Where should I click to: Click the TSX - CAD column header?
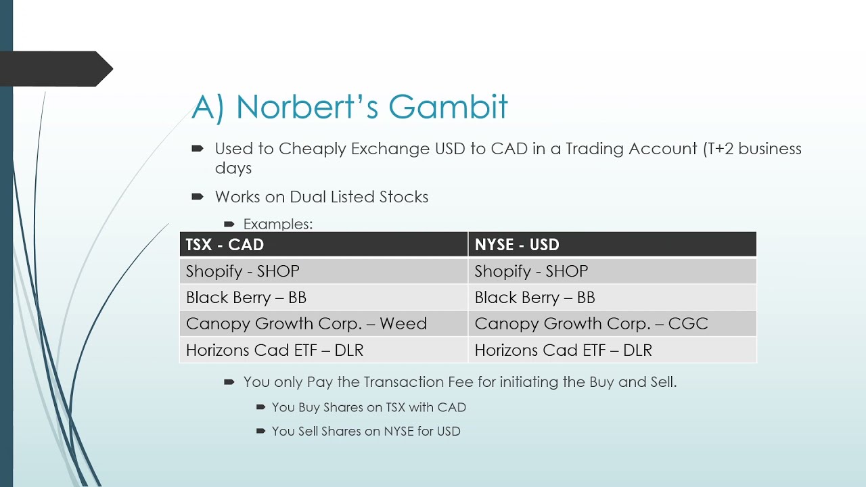[225, 245]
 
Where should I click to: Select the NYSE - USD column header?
[517, 245]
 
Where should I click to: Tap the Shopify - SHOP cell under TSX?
[242, 271]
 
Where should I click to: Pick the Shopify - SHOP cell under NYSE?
[531, 271]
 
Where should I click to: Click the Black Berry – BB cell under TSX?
[246, 298]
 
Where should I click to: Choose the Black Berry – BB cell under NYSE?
[534, 298]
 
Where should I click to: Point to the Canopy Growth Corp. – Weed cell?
[306, 324]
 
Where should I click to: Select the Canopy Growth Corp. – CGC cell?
[591, 324]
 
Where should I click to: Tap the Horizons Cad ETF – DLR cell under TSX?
[275, 350]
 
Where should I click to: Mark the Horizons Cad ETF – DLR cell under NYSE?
[563, 350]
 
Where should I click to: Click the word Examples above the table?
[277, 224]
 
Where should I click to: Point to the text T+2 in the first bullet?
[719, 149]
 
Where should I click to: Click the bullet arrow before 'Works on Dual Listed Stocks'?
[198, 197]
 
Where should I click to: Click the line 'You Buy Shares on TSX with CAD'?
[369, 407]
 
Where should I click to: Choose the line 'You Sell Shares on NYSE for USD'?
[366, 431]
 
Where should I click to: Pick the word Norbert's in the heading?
[307, 107]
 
